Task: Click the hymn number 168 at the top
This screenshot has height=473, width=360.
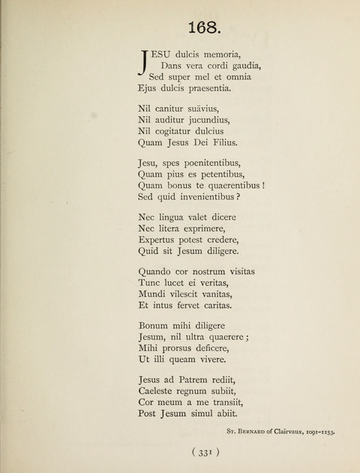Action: pos(203,28)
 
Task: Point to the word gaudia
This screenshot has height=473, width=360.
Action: pos(241,65)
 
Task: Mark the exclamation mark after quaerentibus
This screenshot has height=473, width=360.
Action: pos(265,185)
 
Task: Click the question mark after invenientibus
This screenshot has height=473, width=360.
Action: pos(238,197)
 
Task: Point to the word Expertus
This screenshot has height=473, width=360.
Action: pos(159,239)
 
